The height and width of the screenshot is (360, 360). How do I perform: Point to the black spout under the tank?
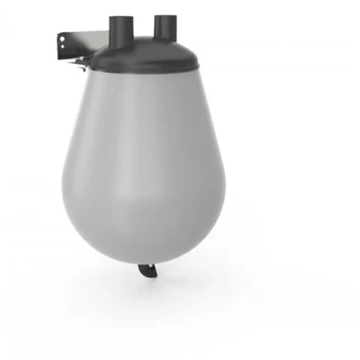(x=146, y=271)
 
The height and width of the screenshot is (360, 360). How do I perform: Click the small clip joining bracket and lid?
(x=82, y=61)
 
